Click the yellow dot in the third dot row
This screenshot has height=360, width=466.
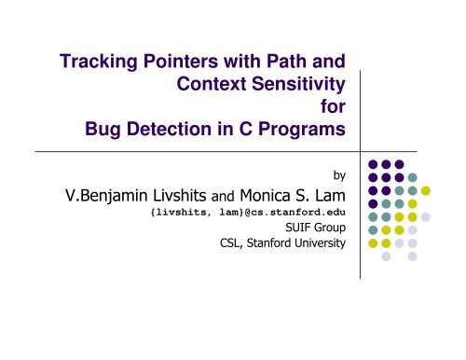425,191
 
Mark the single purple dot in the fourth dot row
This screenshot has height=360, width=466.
373,204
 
